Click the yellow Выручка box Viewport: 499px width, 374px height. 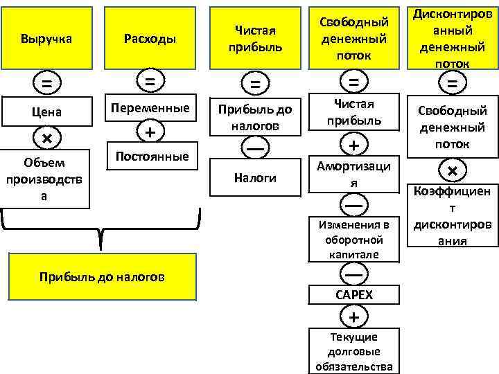click(x=46, y=38)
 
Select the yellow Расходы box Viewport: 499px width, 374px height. click(x=150, y=38)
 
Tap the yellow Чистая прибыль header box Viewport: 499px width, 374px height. click(x=254, y=38)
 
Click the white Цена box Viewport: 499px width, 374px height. click(x=46, y=112)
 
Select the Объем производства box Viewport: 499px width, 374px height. click(x=46, y=179)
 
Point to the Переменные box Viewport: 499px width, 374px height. click(x=150, y=108)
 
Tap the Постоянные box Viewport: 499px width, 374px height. click(x=150, y=157)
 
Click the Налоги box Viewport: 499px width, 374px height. click(x=254, y=178)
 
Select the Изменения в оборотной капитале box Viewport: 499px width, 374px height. click(x=354, y=239)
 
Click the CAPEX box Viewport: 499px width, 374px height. click(x=354, y=294)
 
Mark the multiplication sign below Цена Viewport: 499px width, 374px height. click(x=46, y=138)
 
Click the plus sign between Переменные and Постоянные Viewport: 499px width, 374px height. click(x=150, y=132)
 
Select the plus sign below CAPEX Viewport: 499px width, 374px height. click(x=354, y=317)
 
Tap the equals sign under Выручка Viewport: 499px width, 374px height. click(x=46, y=83)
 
